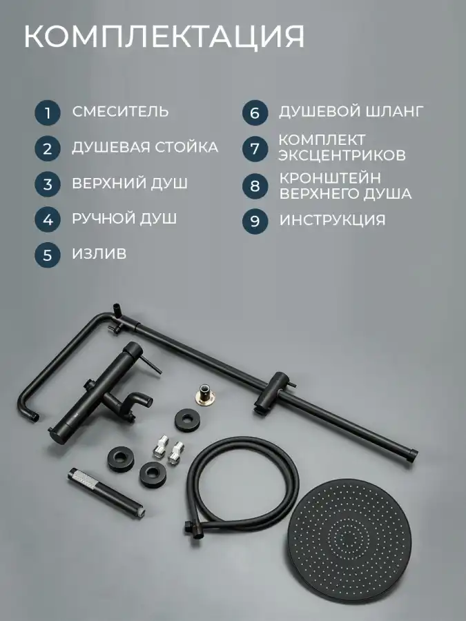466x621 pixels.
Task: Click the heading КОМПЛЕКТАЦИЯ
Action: pos(164,37)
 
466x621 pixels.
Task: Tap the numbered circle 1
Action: pos(47,113)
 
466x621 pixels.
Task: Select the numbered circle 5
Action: pos(47,255)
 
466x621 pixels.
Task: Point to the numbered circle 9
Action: pos(255,221)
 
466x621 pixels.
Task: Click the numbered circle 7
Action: pos(255,149)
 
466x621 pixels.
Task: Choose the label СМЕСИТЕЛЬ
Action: pos(120,111)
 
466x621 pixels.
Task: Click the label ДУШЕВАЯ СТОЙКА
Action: pos(145,148)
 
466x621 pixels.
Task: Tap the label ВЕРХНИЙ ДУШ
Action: pos(130,184)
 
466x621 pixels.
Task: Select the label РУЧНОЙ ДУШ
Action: pos(124,219)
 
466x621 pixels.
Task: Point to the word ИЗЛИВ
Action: pos(99,253)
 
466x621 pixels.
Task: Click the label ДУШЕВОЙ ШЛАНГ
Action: pos(351,111)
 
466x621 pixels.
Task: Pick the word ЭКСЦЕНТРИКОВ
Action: pos(342,155)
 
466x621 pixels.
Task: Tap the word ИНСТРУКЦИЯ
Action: pos(333,220)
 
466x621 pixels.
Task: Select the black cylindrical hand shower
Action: pos(106,492)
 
